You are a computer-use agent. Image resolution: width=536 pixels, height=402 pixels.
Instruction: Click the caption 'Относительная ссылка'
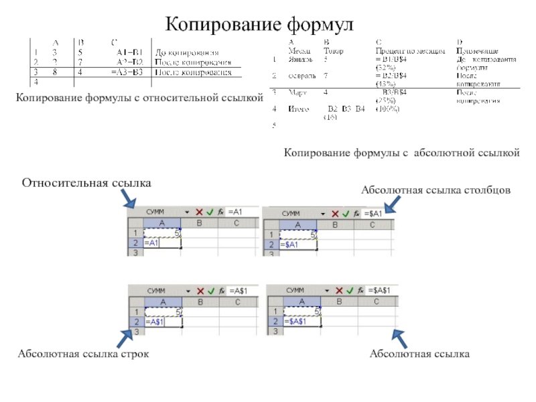click(x=87, y=183)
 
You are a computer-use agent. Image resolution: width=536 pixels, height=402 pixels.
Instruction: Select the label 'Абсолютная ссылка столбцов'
click(x=436, y=191)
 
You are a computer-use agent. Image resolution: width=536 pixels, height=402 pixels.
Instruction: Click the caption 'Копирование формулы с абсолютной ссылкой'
click(x=401, y=153)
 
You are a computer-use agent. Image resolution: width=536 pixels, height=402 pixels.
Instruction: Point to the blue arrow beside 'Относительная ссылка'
click(x=127, y=198)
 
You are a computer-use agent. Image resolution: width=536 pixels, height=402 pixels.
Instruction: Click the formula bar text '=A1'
click(x=235, y=212)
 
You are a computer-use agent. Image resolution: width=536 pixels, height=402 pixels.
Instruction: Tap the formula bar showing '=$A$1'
click(x=378, y=290)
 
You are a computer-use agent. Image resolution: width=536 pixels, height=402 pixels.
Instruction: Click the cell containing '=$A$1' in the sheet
click(x=295, y=322)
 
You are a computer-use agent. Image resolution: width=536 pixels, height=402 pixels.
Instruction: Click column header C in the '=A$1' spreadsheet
click(x=237, y=302)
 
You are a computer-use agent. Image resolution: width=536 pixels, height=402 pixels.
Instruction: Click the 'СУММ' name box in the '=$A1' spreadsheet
click(x=291, y=213)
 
